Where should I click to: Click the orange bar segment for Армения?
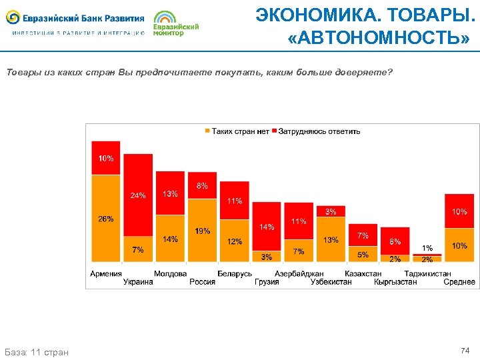point(105,218)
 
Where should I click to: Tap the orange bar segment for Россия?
point(202,230)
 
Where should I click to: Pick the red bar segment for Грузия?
point(266,226)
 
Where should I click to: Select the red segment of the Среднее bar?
point(459,211)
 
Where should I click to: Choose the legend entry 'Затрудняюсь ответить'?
point(316,131)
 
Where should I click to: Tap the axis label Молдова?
point(170,273)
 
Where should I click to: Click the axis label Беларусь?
point(235,273)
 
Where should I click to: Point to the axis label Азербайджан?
point(299,273)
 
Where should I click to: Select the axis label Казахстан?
point(363,273)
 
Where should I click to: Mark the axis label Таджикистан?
point(427,273)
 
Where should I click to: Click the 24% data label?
point(138,195)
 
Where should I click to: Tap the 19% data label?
point(202,231)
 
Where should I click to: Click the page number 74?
point(465,350)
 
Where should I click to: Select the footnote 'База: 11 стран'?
point(36,351)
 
